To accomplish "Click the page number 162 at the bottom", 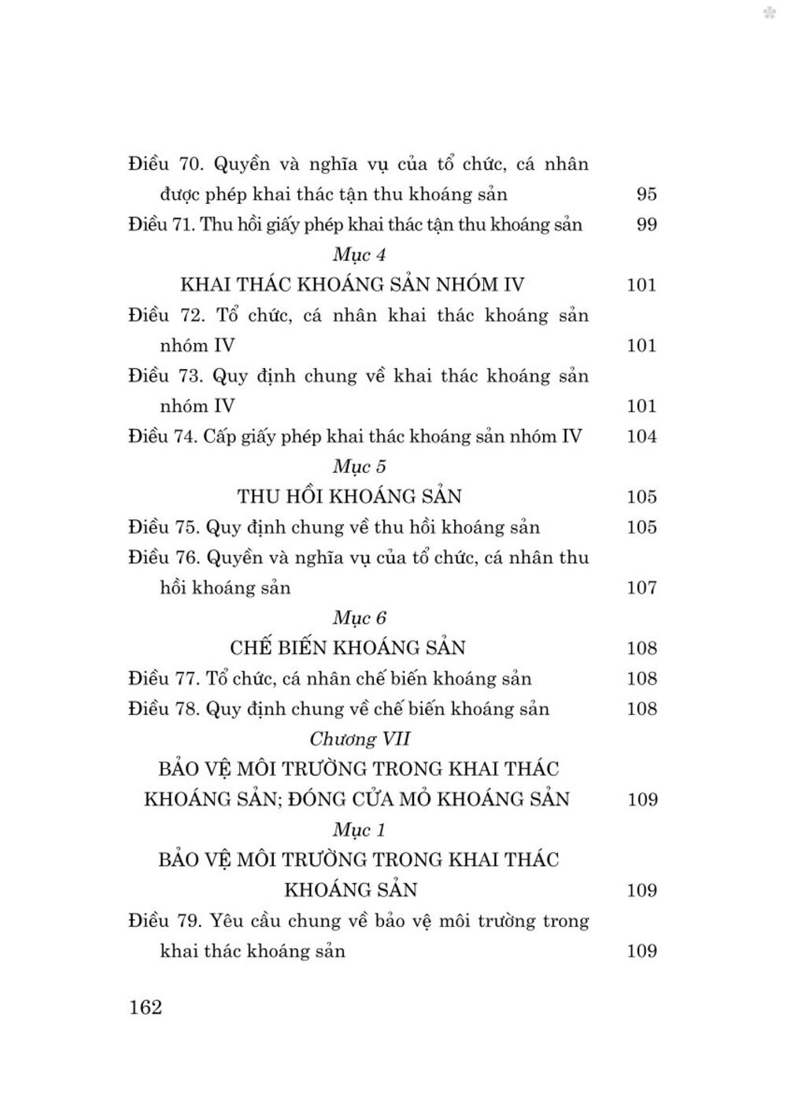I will pyautogui.click(x=145, y=1007).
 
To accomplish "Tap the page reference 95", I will pyautogui.click(x=645, y=194).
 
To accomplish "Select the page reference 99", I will pyautogui.click(x=645, y=225).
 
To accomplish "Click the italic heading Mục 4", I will pyautogui.click(x=359, y=255).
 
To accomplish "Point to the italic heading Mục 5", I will pyautogui.click(x=359, y=467).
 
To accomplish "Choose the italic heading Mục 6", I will pyautogui.click(x=359, y=618).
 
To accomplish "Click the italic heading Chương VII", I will pyautogui.click(x=360, y=739).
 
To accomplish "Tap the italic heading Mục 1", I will pyautogui.click(x=359, y=829).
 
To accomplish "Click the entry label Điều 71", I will pyautogui.click(x=161, y=225).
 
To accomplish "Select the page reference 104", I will pyautogui.click(x=641, y=437).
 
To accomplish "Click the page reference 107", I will pyautogui.click(x=641, y=588).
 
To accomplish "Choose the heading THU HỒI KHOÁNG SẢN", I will pyautogui.click(x=349, y=497).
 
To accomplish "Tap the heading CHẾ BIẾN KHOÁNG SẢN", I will pyautogui.click(x=348, y=648).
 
